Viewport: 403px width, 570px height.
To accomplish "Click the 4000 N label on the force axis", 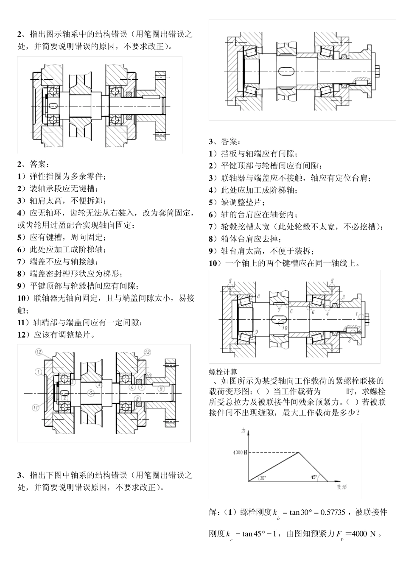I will [x=240, y=453].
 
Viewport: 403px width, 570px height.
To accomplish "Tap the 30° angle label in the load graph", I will [x=263, y=478].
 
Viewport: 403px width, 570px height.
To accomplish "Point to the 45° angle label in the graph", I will [x=313, y=477].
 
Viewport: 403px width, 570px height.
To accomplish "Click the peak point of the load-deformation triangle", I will [x=300, y=453].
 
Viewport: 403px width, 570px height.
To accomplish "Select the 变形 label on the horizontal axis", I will [x=341, y=488].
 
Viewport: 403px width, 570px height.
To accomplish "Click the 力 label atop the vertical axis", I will [x=243, y=430].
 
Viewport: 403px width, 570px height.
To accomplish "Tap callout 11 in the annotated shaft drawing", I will [x=36, y=407].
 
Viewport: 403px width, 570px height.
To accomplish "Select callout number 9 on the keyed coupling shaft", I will [x=161, y=388].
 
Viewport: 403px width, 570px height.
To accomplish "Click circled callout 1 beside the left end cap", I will [x=38, y=372].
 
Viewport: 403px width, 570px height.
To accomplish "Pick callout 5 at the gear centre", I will [x=90, y=393].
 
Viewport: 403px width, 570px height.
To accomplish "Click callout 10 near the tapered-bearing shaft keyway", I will [x=284, y=327].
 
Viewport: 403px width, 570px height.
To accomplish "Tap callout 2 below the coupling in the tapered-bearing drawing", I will [x=349, y=340].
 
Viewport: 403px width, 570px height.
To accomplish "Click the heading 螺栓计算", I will [x=223, y=372].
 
